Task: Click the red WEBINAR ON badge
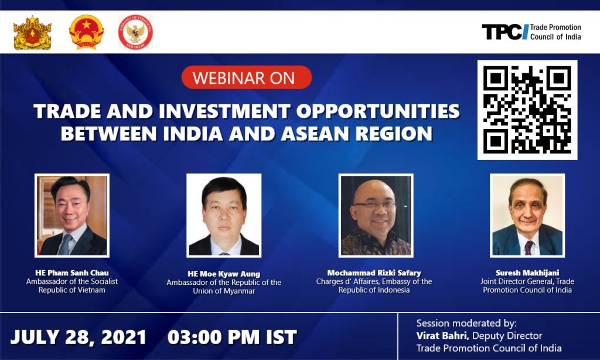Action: [247, 77]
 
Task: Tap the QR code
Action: [527, 110]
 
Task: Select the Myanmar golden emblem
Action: [32, 33]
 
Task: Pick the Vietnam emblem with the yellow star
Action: [87, 32]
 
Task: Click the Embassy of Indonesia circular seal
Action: [135, 32]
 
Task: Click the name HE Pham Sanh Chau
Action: [72, 273]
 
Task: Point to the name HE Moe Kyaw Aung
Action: [224, 274]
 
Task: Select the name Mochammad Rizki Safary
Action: [374, 273]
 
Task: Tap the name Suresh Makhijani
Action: [527, 273]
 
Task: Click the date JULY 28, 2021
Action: [78, 337]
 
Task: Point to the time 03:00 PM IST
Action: [232, 337]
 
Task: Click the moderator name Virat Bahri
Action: [442, 336]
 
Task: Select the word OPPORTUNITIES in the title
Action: [378, 111]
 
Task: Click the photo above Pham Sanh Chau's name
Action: [72, 216]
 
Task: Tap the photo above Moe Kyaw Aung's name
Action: [224, 216]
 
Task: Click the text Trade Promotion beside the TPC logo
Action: [555, 28]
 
